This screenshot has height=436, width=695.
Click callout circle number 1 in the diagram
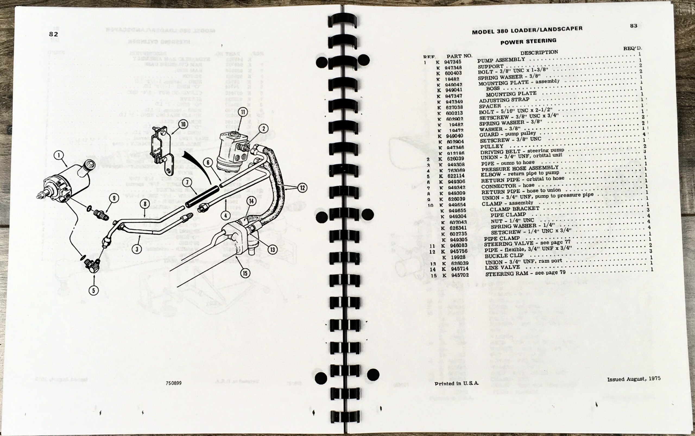coord(59,156)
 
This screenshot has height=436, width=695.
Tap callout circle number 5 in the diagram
coord(93,290)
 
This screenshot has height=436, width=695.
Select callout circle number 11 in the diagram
coord(243,112)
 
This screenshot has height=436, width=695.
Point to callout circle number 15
coord(245,273)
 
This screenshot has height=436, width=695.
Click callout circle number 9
coord(114,198)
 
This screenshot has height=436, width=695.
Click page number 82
coord(54,34)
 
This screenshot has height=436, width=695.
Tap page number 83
coord(634,26)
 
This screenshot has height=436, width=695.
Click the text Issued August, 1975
coord(634,379)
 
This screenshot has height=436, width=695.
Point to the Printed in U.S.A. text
coord(457,383)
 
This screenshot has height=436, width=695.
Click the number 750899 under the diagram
coord(173,383)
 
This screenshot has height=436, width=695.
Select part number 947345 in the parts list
coord(453,62)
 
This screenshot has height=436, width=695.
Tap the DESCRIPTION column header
coord(539,52)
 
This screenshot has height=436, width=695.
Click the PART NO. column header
coord(459,56)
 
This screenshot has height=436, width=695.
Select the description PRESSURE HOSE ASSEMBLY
coord(520,168)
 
